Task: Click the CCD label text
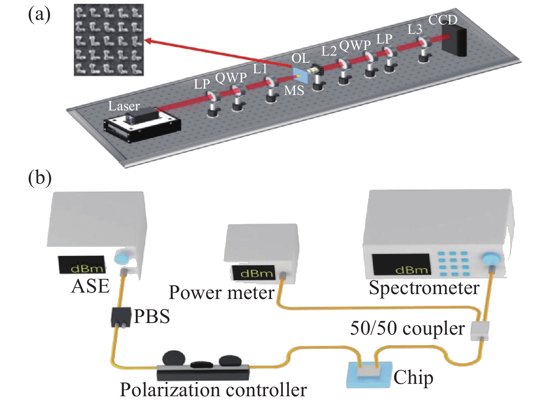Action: click(443, 20)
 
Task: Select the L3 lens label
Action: click(415, 29)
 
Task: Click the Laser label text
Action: click(124, 106)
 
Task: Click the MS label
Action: click(294, 91)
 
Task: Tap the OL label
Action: click(301, 58)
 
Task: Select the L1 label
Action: click(260, 69)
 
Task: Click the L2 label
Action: click(329, 51)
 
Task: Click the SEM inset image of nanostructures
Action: click(109, 40)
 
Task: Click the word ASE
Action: click(90, 287)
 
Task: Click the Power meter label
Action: click(221, 293)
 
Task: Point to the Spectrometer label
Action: click(424, 288)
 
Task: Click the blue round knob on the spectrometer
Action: click(490, 259)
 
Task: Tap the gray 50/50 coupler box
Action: click(480, 331)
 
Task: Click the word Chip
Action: click(413, 377)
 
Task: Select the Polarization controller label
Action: click(213, 390)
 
